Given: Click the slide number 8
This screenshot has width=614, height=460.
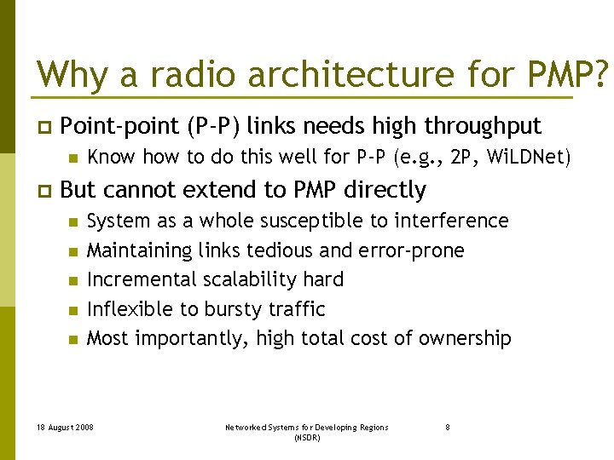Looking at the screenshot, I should click(x=448, y=428).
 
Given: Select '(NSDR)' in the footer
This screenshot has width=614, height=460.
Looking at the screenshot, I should click(x=306, y=437).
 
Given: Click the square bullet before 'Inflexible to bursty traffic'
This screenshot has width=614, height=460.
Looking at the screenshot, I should click(x=73, y=310).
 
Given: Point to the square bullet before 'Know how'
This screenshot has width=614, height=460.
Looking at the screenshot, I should click(x=73, y=158).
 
